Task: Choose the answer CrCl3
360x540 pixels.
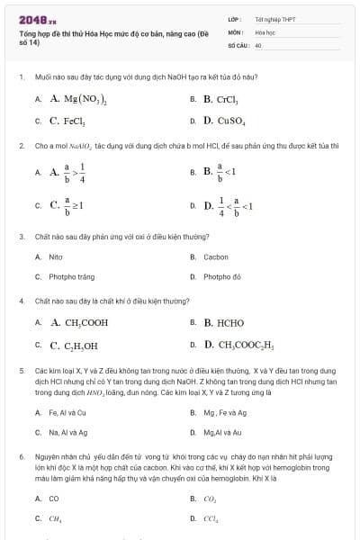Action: tap(220, 99)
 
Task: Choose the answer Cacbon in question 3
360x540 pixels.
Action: tap(216, 256)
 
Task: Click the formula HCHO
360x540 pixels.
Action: tap(224, 322)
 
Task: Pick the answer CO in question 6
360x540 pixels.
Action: tap(54, 498)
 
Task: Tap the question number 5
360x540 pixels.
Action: tap(21, 370)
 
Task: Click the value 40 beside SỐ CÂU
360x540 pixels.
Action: tap(258, 44)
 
